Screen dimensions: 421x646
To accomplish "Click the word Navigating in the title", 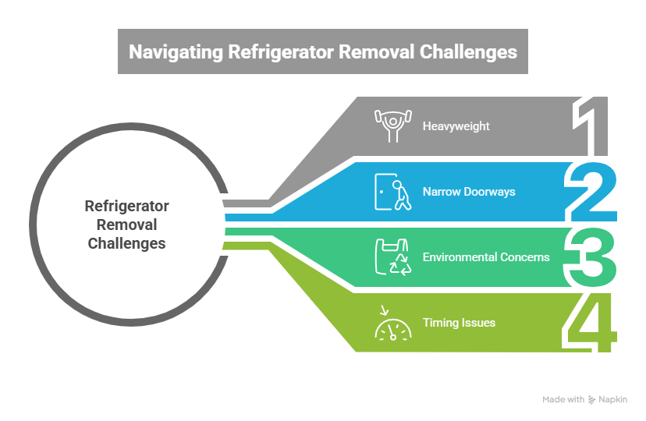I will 176,52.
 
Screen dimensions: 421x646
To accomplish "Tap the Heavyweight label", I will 456,126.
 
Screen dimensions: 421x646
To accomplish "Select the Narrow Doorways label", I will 469,191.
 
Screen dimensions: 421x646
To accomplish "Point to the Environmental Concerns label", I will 486,256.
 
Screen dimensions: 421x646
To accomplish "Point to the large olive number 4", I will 591,321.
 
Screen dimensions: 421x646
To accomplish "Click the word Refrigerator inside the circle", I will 126,207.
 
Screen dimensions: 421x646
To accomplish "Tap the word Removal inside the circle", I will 126,225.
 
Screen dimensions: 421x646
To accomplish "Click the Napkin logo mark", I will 592,400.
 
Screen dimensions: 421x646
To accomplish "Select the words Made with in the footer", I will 563,400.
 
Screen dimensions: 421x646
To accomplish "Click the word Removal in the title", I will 378,52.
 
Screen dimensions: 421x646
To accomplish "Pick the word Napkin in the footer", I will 613,400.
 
